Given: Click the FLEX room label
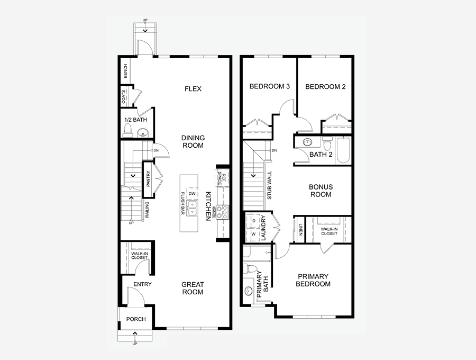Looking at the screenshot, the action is click(x=193, y=89).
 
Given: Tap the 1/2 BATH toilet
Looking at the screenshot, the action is click(x=128, y=130).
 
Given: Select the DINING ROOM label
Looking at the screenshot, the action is click(x=193, y=141).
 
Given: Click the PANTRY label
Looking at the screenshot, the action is click(x=148, y=179).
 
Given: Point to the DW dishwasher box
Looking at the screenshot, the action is click(x=192, y=194).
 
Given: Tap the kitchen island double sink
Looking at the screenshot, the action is click(x=192, y=209).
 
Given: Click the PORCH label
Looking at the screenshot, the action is click(x=136, y=319).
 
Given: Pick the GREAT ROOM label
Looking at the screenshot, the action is click(x=193, y=289).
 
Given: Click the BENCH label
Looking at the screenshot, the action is click(x=125, y=71).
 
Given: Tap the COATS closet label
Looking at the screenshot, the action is click(x=124, y=96).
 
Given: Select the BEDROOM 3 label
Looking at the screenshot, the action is click(x=270, y=86).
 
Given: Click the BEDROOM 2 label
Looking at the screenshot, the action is click(x=325, y=87).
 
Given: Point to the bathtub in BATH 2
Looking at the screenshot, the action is click(x=343, y=150).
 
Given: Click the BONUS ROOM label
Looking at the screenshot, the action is click(x=321, y=191).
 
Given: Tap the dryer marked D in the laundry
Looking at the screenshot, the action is click(x=254, y=221).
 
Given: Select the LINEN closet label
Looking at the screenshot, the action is click(x=300, y=230).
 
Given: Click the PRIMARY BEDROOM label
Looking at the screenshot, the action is click(x=313, y=280).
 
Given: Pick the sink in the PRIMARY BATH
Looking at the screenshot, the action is click(x=249, y=291).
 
